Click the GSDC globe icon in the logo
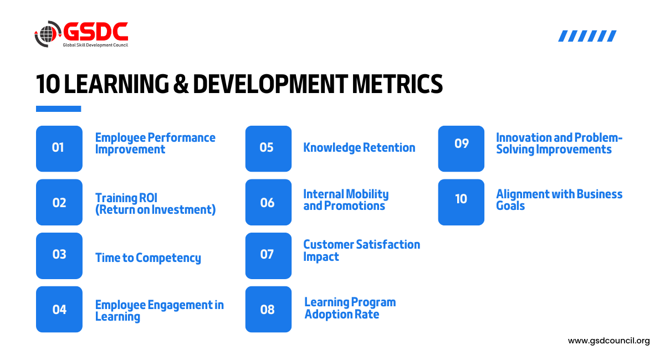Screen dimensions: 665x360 48,34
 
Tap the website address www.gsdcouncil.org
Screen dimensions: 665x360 609,341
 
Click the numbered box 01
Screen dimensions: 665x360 59,148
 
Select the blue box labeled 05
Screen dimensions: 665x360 268,148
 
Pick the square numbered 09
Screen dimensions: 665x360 461,148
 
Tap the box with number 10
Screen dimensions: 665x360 461,202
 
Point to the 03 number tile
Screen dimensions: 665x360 59,255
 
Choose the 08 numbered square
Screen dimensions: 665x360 268,309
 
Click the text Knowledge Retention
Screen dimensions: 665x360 359,148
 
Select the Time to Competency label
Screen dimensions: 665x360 148,258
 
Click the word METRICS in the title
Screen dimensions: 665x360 397,84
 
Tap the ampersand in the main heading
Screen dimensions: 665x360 181,84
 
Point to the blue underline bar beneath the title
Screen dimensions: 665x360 59,109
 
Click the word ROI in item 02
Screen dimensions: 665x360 148,198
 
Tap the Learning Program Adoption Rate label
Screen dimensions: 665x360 350,308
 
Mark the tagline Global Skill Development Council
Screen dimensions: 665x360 95,45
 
